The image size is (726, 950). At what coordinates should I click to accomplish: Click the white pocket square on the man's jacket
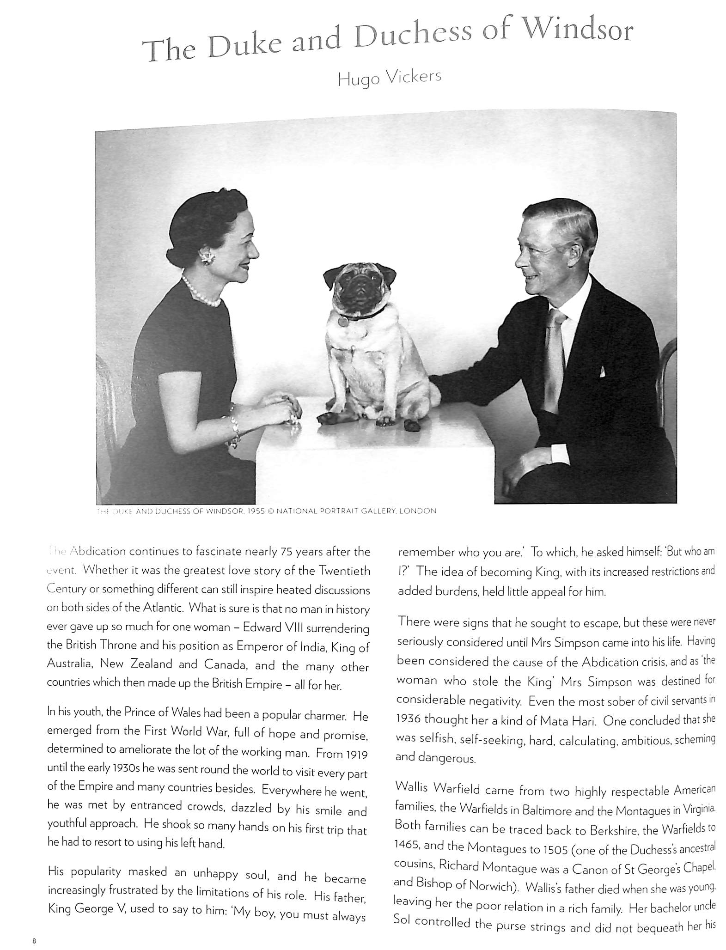[x=602, y=371]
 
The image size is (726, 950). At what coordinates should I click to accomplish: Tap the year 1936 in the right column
[x=408, y=719]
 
